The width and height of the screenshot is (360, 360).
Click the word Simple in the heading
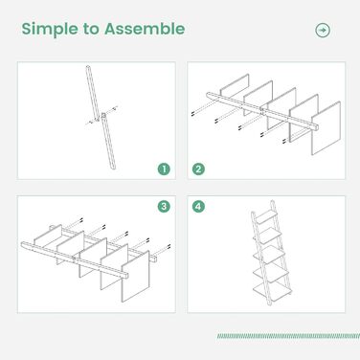click(50, 30)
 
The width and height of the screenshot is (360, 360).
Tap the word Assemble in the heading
click(145, 29)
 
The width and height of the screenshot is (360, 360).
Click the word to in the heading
click(91, 29)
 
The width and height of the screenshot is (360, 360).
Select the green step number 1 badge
click(164, 169)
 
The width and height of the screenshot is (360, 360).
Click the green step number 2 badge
click(198, 169)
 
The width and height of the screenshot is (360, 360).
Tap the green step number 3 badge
click(164, 206)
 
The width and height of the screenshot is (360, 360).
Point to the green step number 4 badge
click(198, 206)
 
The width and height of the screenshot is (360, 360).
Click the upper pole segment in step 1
click(92, 93)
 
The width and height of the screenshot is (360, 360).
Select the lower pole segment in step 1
click(108, 141)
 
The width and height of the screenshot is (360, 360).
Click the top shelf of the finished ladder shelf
click(267, 217)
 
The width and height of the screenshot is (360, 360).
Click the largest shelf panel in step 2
click(326, 128)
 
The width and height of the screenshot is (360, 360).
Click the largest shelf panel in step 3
click(135, 277)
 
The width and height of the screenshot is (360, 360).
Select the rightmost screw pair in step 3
click(169, 246)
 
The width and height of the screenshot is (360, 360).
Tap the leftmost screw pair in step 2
click(192, 113)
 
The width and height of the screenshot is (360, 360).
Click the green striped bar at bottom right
click(288, 336)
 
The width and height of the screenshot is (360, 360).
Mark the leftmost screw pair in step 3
click(81, 220)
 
